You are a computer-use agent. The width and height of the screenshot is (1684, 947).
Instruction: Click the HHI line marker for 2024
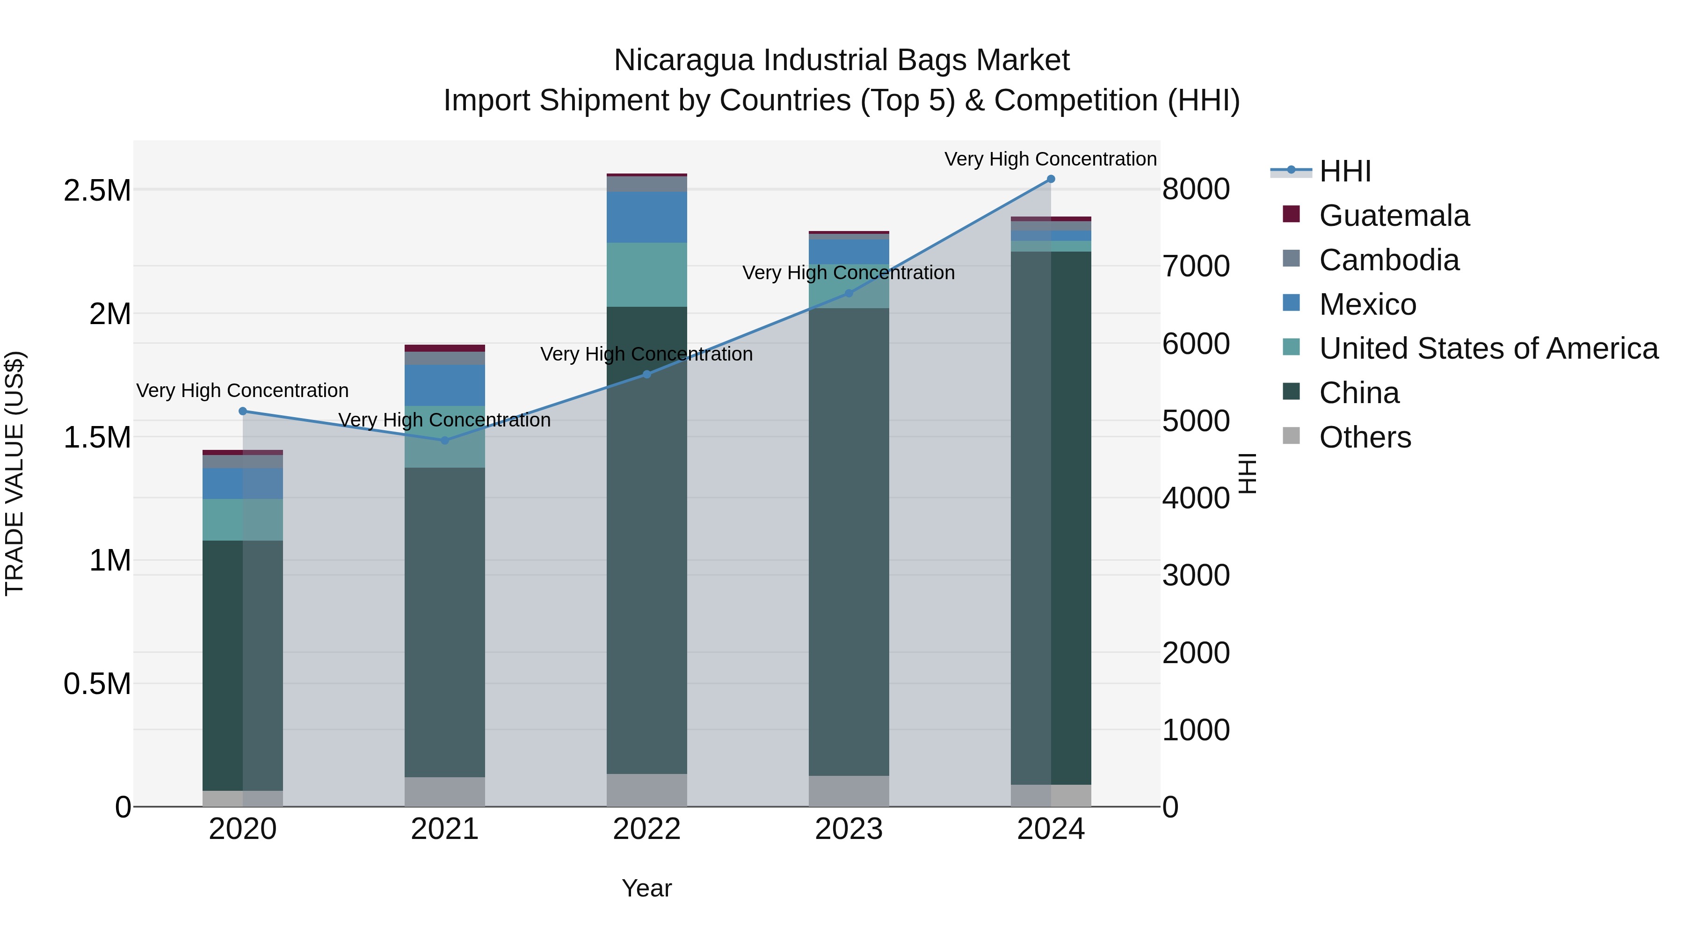tap(1051, 179)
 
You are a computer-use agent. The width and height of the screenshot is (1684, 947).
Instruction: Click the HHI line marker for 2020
tap(242, 411)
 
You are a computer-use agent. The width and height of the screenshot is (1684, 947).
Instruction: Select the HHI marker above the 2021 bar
tap(444, 441)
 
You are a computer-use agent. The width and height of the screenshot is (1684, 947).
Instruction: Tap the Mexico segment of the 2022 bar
tap(646, 217)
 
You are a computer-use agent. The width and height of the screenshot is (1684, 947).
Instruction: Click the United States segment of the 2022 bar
tap(646, 275)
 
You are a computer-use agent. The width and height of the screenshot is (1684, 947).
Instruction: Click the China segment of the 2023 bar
tap(849, 542)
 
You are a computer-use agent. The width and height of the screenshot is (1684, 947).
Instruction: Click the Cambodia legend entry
tap(1388, 260)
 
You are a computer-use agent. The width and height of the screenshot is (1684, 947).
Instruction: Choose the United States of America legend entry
tap(1488, 348)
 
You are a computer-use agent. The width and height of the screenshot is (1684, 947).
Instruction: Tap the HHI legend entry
tap(1345, 171)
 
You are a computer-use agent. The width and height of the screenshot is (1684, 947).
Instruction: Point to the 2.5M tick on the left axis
tap(97, 190)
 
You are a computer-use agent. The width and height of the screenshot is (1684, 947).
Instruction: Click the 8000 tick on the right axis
tap(1196, 189)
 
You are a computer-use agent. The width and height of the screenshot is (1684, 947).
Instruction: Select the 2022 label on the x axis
tap(646, 829)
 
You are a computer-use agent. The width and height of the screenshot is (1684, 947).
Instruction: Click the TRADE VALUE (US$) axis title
tap(15, 473)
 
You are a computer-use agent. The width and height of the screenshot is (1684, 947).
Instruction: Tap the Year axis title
tap(646, 888)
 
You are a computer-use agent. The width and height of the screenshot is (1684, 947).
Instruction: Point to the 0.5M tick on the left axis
tap(97, 684)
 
